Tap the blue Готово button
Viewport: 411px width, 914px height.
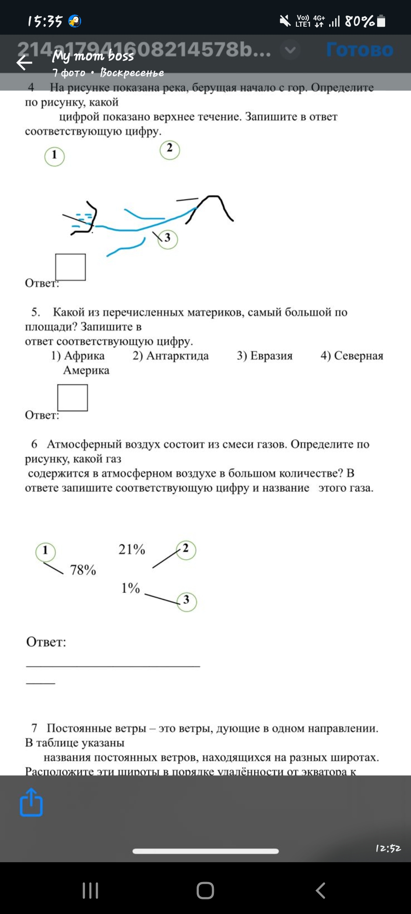(x=359, y=50)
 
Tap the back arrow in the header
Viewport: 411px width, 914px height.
(x=24, y=63)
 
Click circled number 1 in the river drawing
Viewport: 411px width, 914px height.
(x=54, y=156)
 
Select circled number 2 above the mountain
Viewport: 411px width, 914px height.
(x=170, y=150)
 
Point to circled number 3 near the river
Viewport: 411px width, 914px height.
(x=167, y=239)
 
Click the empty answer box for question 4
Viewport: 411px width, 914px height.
(x=70, y=267)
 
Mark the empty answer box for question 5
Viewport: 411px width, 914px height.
(x=72, y=398)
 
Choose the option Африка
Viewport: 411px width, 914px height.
(x=78, y=356)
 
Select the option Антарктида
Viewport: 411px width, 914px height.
(x=171, y=356)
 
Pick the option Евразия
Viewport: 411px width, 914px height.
(x=265, y=356)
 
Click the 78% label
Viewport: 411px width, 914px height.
(x=83, y=570)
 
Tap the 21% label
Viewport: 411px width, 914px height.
(x=132, y=550)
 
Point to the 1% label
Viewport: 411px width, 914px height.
(x=131, y=588)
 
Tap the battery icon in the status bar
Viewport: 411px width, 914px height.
(x=381, y=21)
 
